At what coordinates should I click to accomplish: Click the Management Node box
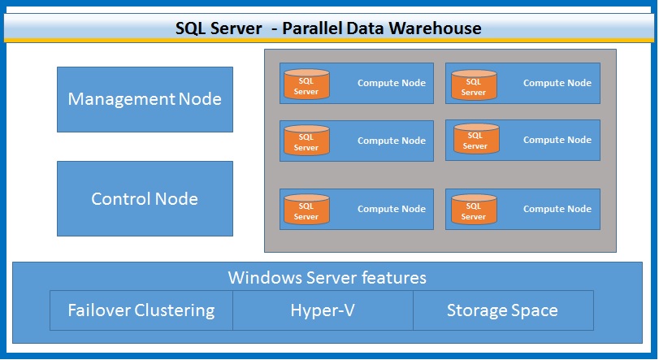145,99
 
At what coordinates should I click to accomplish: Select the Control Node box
145,198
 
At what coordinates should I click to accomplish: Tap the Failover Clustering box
141,310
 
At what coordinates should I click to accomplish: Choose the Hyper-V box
323,310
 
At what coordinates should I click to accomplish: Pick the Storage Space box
502,310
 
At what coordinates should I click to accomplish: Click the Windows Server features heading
327,278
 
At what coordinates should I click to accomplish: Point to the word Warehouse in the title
440,28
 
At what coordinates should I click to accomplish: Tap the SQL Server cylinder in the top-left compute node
306,84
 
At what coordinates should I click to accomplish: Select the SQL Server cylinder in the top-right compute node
474,84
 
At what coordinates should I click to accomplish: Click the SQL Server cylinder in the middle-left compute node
306,141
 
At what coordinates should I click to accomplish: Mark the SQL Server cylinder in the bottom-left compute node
306,210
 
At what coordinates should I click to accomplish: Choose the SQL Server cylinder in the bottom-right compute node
474,210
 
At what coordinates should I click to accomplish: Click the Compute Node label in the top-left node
392,83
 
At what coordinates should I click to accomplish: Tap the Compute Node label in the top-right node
557,83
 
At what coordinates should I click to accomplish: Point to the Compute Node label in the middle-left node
392,141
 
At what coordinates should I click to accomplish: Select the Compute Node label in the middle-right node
557,140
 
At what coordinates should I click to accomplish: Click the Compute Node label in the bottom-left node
392,209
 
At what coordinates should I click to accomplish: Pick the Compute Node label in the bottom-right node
557,209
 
